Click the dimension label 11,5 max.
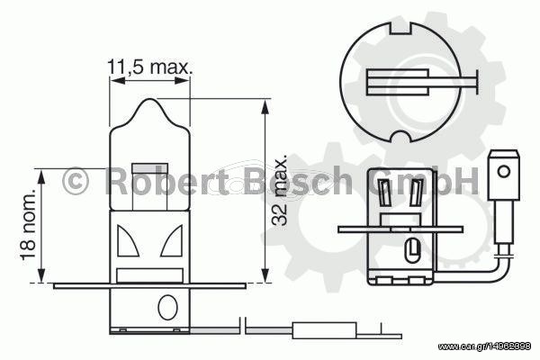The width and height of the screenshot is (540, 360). [x=149, y=67]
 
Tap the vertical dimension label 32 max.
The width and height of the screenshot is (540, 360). [x=279, y=190]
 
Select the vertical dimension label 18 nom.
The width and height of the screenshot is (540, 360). [x=28, y=224]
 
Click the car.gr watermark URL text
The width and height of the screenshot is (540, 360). [x=484, y=346]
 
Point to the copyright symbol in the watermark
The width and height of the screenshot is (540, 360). [x=75, y=181]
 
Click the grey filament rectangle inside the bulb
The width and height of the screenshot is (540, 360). [x=150, y=168]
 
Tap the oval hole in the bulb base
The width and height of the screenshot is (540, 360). [x=167, y=307]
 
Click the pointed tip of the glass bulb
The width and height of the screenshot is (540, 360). [x=149, y=99]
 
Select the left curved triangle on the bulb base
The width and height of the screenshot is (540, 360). [x=127, y=241]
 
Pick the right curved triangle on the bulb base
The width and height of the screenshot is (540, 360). [x=172, y=241]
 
